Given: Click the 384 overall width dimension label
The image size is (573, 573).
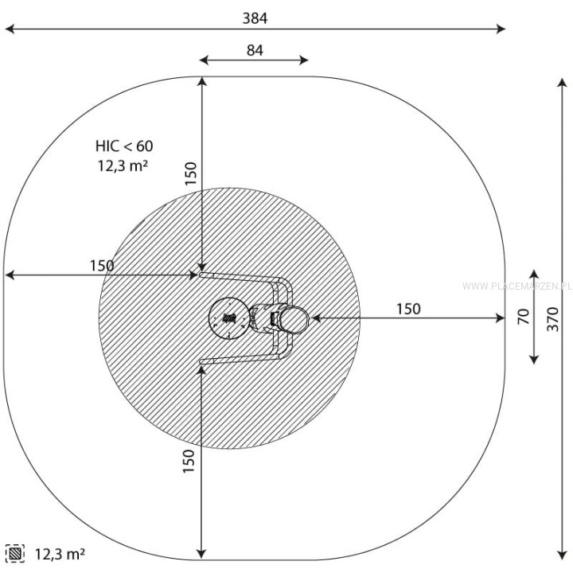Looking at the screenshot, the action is click(x=255, y=18).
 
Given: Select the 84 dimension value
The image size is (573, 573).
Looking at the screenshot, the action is click(x=255, y=50).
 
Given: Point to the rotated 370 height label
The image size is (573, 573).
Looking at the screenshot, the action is click(x=553, y=319).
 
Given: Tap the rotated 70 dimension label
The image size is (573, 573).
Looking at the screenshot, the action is click(x=524, y=317).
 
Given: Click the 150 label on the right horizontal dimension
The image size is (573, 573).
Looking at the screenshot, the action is click(x=408, y=309).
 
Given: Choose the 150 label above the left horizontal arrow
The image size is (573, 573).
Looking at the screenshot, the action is click(x=102, y=266).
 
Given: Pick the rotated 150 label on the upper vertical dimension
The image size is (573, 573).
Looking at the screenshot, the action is click(x=190, y=173).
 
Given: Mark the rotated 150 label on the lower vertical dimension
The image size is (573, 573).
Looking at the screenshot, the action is click(x=189, y=461).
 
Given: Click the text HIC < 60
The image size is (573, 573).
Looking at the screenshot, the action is click(x=124, y=146).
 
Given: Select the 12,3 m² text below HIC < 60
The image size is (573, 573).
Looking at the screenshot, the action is click(x=123, y=166).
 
